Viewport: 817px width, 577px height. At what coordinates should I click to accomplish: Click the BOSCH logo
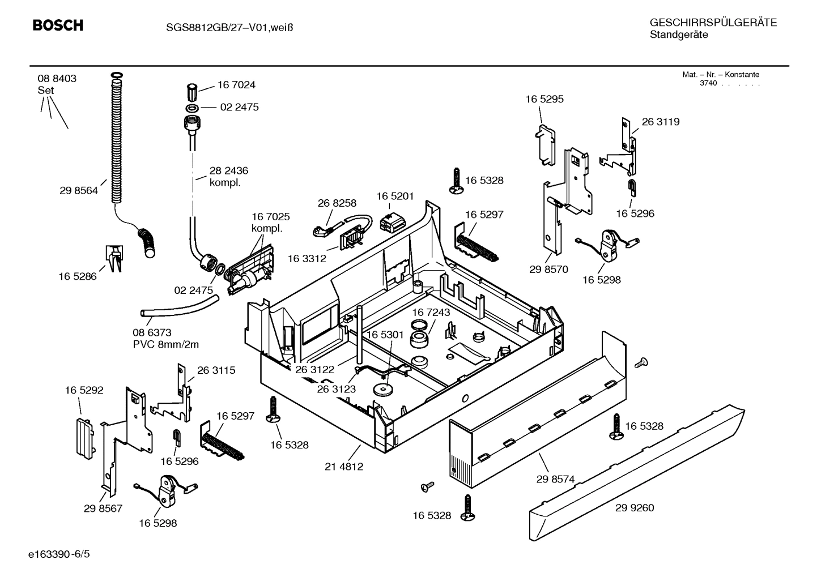58,25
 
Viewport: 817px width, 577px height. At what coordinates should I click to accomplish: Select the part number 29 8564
78,191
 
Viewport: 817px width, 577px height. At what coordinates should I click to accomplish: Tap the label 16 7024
236,85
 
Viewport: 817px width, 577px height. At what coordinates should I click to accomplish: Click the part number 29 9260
635,508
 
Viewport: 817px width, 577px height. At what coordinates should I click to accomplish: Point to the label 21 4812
344,467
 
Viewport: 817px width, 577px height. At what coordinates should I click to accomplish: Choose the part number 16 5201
395,196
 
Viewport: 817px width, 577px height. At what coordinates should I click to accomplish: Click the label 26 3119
661,122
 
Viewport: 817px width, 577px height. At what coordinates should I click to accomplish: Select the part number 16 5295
544,99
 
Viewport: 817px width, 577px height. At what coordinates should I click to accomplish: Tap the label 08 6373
152,333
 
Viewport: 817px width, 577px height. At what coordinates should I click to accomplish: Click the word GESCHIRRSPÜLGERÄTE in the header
713,23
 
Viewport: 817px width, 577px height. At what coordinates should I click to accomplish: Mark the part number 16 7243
431,313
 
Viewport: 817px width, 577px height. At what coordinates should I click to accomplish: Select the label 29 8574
555,479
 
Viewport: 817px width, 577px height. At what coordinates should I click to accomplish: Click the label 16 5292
84,390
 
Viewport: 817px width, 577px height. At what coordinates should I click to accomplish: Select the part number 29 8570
548,270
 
